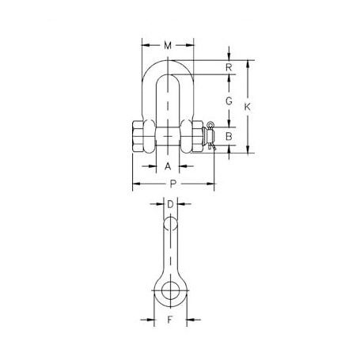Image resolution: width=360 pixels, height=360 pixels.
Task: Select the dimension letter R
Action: (x=228, y=67)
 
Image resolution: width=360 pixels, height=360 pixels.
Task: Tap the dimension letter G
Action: (x=228, y=101)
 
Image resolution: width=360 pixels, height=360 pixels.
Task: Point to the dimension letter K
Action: (x=249, y=106)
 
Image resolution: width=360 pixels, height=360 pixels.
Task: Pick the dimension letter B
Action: (x=228, y=137)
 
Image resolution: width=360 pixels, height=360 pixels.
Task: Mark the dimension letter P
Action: (x=172, y=184)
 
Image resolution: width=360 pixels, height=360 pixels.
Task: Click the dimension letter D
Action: (x=169, y=205)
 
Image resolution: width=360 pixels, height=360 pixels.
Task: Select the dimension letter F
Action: (x=169, y=321)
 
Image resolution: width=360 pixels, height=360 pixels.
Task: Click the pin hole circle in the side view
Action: (x=169, y=290)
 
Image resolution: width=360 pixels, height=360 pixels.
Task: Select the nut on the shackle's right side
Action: (x=195, y=136)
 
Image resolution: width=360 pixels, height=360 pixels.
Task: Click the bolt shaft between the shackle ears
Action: (x=168, y=136)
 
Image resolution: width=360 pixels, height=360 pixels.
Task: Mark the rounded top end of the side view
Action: (x=169, y=224)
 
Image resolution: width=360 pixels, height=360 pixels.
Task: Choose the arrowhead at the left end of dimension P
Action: (x=134, y=184)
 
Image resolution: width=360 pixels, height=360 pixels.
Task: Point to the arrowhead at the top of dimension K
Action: (x=249, y=62)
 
